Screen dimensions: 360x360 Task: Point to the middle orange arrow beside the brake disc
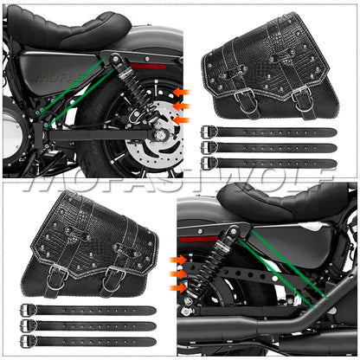(x=180, y=106)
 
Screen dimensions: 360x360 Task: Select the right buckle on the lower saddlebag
(x=112, y=281)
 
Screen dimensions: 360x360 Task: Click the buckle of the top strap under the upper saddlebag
(x=208, y=132)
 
